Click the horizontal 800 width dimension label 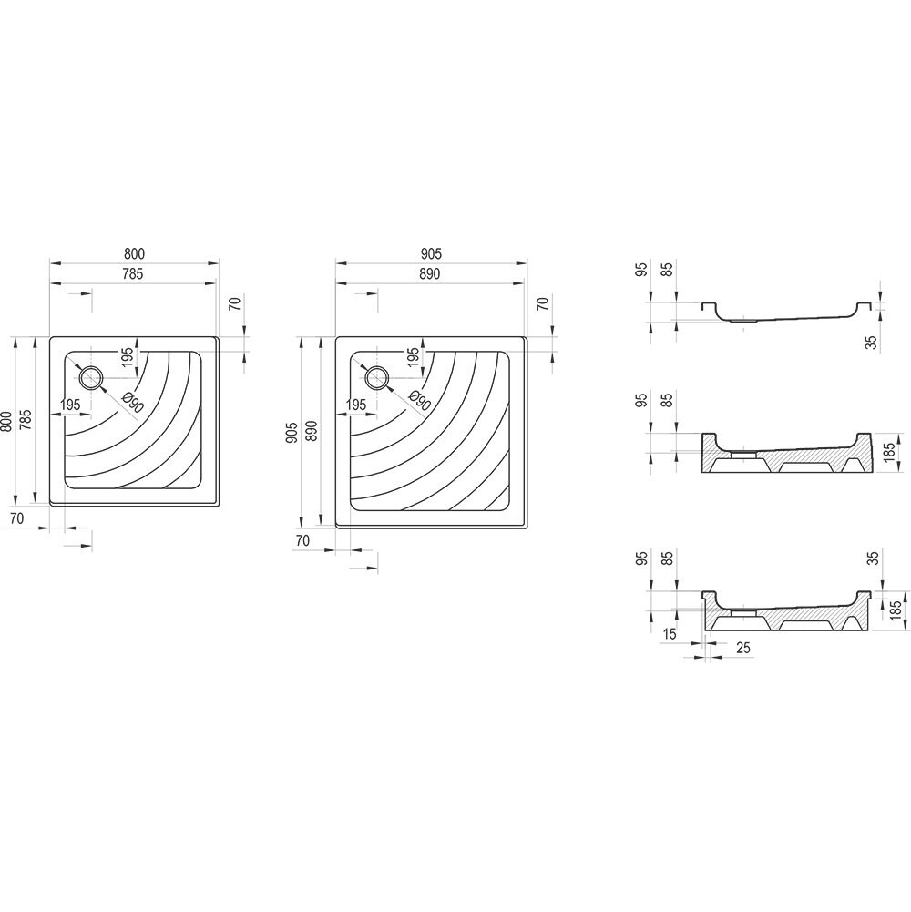pos(134,253)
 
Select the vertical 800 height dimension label pos(6,421)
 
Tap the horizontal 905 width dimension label pos(431,253)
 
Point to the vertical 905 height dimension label pos(292,432)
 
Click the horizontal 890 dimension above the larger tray pos(429,273)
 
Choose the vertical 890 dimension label pos(312,432)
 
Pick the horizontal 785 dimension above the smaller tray pos(132,273)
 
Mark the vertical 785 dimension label pos(26,420)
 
